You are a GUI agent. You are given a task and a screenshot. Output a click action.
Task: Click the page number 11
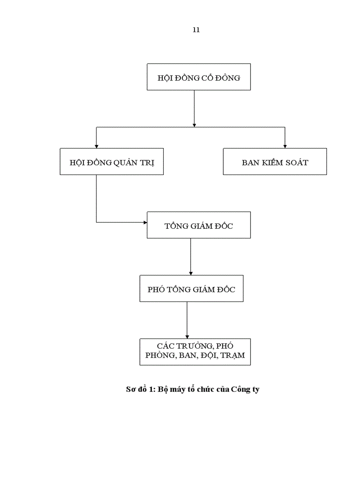coord(196,30)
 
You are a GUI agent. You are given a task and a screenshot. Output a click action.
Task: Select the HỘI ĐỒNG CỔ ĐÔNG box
coord(199,77)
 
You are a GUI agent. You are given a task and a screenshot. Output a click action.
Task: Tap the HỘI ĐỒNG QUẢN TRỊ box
coord(112,162)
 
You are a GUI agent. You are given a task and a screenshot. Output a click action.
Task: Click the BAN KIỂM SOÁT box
coord(275,162)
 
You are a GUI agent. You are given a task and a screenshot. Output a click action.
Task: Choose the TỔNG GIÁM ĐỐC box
coord(199,225)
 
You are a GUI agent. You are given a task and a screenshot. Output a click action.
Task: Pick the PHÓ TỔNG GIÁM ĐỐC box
coord(191,289)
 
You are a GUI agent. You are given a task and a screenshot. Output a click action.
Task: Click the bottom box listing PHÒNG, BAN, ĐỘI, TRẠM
coord(195,352)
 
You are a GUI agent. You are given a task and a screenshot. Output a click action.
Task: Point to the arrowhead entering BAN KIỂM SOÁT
coord(285,146)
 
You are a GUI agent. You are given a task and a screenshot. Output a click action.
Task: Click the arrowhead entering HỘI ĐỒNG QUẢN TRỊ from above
coord(97,146)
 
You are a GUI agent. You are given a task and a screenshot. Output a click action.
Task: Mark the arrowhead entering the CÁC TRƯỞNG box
coord(187,336)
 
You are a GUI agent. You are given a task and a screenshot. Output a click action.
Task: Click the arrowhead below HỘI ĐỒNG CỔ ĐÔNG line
coord(195,125)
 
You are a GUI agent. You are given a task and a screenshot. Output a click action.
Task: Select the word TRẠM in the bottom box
coord(232,356)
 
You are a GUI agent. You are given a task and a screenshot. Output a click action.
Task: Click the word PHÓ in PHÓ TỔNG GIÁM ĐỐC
coord(157,290)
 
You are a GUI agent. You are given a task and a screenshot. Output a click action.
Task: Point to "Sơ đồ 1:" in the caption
coord(140,390)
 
